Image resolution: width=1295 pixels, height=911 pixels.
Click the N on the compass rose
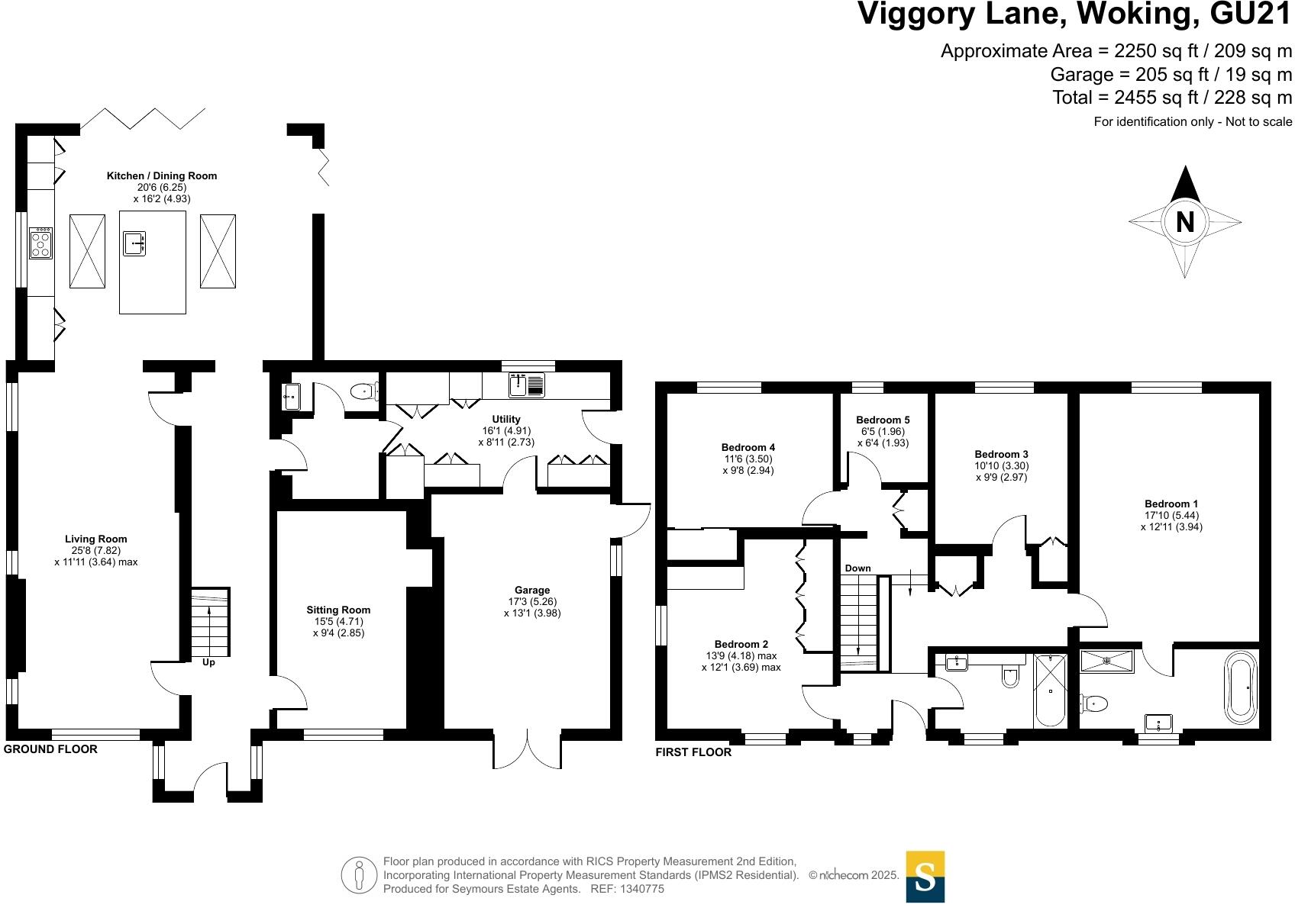pyautogui.click(x=1184, y=222)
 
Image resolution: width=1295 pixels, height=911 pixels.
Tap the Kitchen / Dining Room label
pyautogui.click(x=161, y=175)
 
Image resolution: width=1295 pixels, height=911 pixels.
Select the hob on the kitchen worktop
pyautogui.click(x=40, y=243)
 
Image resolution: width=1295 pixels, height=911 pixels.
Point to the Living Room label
pyautogui.click(x=96, y=539)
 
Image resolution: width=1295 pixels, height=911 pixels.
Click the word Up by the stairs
pyautogui.click(x=208, y=662)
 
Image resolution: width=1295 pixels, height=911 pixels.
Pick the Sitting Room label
pyautogui.click(x=338, y=610)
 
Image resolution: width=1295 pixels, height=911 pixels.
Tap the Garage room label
pyautogui.click(x=532, y=590)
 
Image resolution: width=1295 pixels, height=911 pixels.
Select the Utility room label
pyautogui.click(x=506, y=419)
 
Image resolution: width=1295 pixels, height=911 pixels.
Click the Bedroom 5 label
pyautogui.click(x=883, y=420)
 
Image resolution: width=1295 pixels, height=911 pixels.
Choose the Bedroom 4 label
pyautogui.click(x=748, y=447)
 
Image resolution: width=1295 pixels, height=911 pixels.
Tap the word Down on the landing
pyautogui.click(x=857, y=568)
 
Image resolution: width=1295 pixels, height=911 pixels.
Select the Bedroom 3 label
pyautogui.click(x=1001, y=454)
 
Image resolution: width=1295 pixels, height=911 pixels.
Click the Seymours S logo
pyautogui.click(x=925, y=877)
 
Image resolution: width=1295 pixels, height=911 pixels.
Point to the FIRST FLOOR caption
pyautogui.click(x=693, y=752)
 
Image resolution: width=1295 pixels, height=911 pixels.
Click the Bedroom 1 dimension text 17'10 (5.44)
pyautogui.click(x=1171, y=515)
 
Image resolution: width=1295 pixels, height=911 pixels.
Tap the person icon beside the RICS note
pyautogui.click(x=360, y=875)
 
